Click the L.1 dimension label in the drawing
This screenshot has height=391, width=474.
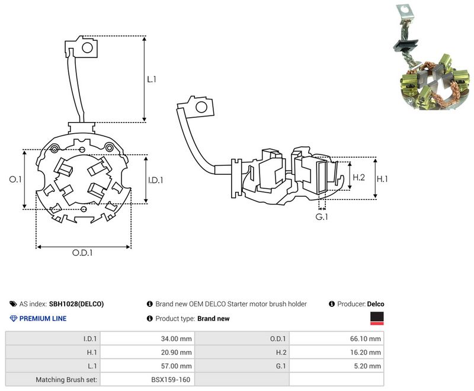[152, 79]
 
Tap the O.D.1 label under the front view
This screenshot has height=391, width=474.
[82, 252]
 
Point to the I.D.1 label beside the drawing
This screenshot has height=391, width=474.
[155, 180]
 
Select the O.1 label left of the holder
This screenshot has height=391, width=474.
[15, 179]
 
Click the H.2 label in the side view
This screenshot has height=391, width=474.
[359, 177]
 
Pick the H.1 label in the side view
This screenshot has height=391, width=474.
[382, 179]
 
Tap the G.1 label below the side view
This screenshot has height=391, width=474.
[322, 217]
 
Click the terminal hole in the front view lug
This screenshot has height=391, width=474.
[87, 48]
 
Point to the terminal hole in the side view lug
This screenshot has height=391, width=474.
[201, 107]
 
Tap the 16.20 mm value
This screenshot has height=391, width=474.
[366, 352]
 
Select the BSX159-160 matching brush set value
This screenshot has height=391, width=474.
[171, 380]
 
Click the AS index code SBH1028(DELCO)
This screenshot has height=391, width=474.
[76, 304]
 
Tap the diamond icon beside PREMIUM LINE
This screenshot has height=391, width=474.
[14, 319]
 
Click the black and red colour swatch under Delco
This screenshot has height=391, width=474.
[377, 319]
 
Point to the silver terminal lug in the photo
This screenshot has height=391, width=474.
[404, 14]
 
